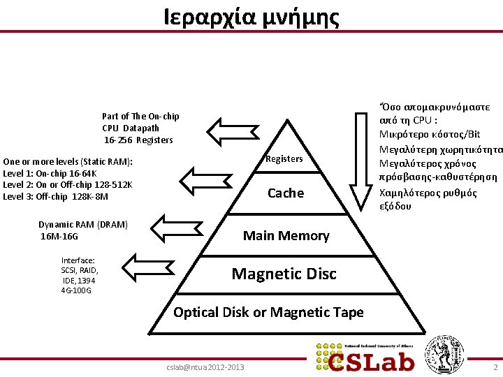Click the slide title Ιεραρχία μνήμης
pyautogui.click(x=251, y=16)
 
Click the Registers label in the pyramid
pyautogui.click(x=284, y=158)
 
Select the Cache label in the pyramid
pyautogui.click(x=286, y=193)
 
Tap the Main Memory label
pyautogui.click(x=286, y=235)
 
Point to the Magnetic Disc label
pyautogui.click(x=284, y=274)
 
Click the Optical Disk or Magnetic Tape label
pyautogui.click(x=268, y=312)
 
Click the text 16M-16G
pyautogui.click(x=59, y=237)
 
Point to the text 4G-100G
pyautogui.click(x=76, y=290)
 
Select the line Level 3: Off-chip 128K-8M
pyautogui.click(x=56, y=196)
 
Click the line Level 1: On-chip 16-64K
pyautogui.click(x=50, y=173)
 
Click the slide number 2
pyautogui.click(x=495, y=367)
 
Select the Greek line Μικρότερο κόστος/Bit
pyautogui.click(x=430, y=134)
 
